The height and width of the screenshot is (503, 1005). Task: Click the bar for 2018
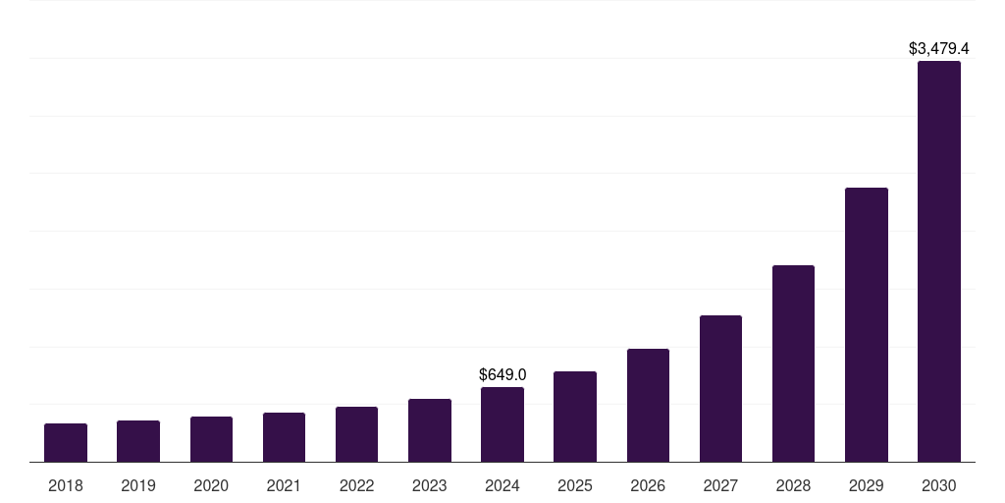click(x=66, y=443)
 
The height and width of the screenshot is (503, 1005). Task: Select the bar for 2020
click(x=211, y=439)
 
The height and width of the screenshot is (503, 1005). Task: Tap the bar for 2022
click(x=356, y=434)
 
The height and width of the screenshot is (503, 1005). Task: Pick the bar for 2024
click(x=502, y=424)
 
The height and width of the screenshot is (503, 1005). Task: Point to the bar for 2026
click(x=648, y=405)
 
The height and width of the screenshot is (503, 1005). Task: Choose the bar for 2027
click(x=720, y=388)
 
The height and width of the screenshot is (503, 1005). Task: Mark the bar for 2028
click(x=793, y=363)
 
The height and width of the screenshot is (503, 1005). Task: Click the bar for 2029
click(x=866, y=324)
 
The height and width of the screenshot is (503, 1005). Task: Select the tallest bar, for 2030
click(x=939, y=261)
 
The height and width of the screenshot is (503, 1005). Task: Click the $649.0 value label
click(x=502, y=374)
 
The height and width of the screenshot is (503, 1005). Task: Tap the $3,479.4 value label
click(x=939, y=48)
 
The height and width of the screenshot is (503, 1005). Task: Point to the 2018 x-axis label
click(x=66, y=485)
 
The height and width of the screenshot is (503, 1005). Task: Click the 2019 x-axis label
click(x=138, y=485)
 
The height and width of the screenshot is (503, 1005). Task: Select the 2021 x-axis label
click(x=284, y=485)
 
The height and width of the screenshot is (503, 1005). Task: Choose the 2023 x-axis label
click(x=430, y=485)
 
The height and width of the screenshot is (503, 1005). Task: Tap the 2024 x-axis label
click(x=502, y=485)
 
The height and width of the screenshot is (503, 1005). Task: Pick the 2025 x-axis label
click(x=575, y=485)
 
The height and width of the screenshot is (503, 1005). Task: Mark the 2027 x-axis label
click(x=720, y=485)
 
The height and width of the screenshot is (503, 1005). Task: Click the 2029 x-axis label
click(x=866, y=485)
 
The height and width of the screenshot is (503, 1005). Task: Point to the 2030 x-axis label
click(x=939, y=485)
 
